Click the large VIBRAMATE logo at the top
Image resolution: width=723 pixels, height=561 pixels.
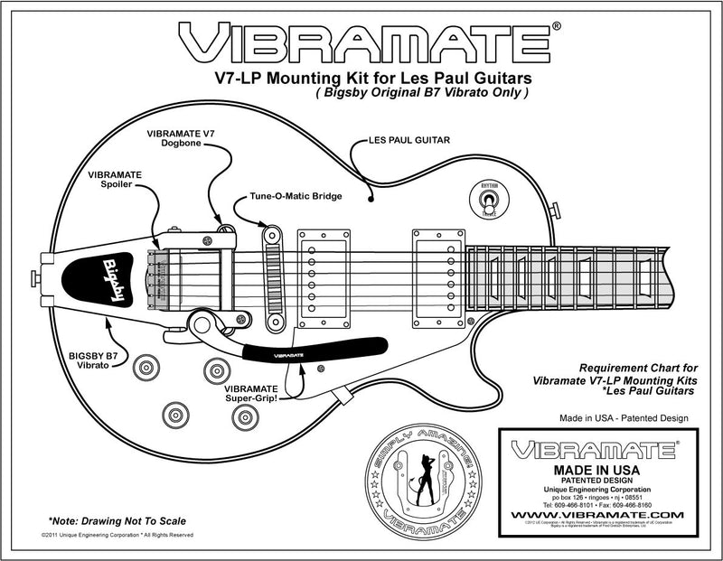361,41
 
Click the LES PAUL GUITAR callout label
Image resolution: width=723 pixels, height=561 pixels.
406,141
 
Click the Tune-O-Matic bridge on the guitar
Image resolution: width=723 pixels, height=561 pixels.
269,272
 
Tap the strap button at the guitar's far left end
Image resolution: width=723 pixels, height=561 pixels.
37,274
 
